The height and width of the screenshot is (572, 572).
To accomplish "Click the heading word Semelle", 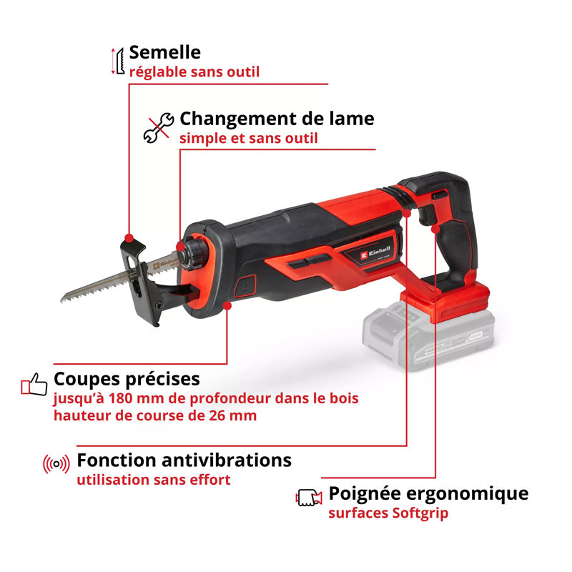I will (x=164, y=52).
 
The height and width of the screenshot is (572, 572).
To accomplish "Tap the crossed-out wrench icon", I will (x=158, y=127).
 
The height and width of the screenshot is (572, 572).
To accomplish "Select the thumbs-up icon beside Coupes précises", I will (x=34, y=384).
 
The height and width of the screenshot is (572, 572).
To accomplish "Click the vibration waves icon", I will (x=56, y=464).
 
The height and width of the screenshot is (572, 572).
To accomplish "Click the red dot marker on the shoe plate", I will (x=129, y=237).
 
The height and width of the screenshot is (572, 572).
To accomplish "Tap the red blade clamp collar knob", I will (x=194, y=252).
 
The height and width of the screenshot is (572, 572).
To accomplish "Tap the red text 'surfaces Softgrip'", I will (x=388, y=513).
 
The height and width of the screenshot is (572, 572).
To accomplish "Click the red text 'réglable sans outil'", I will (x=194, y=71).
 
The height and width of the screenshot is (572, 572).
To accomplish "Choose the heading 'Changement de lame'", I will (x=277, y=118).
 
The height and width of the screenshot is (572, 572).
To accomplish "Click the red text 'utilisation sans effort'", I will (x=154, y=480).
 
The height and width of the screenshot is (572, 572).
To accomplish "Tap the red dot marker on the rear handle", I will (x=435, y=227).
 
